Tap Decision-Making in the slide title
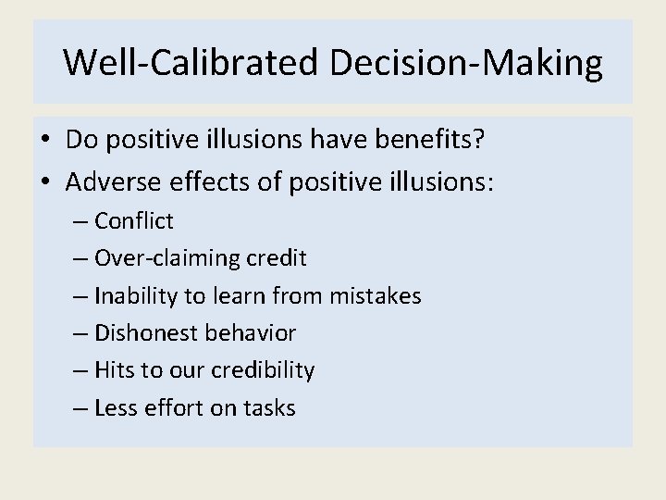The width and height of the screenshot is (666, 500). pos(464,63)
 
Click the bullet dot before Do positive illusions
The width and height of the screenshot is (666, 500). pos(46,140)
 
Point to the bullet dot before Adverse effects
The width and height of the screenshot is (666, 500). pos(46,182)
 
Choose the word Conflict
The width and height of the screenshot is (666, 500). pos(134,221)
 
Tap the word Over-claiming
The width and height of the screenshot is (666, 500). pos(158,258)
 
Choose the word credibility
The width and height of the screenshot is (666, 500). pos(262,370)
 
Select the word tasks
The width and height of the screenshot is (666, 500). pos(270,408)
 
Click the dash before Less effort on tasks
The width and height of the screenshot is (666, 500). pos(82,408)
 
